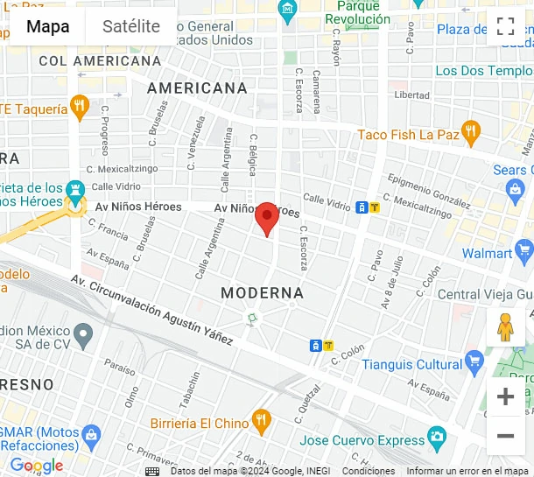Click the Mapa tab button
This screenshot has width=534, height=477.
48,26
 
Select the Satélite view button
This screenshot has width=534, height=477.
131,26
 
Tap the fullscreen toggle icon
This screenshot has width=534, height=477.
505,26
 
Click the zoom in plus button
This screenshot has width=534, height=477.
505,396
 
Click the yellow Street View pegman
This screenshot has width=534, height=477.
505,327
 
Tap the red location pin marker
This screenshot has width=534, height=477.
267,218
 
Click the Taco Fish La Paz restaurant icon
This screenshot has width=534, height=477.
472,134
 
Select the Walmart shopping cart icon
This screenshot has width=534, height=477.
524,253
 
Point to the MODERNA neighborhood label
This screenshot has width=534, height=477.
262,292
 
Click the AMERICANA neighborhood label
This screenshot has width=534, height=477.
197,88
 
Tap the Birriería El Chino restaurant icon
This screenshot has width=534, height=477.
261,423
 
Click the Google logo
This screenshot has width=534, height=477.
37,466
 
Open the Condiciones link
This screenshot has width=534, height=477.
368,471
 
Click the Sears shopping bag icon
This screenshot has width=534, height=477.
516,187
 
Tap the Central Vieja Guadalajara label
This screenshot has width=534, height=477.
484,294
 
